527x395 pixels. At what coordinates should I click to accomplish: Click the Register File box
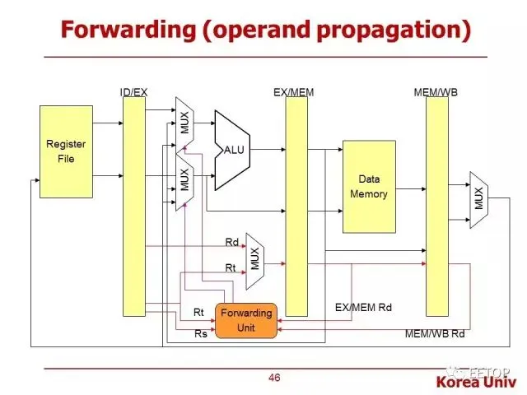[x=66, y=151]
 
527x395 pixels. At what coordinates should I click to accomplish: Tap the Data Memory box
[x=369, y=186]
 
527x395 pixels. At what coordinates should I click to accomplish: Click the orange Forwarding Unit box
[x=246, y=320]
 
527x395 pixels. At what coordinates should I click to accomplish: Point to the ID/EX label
[x=133, y=92]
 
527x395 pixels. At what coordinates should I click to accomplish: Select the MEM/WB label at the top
[x=436, y=92]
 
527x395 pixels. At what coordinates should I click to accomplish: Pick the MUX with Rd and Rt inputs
[x=254, y=257]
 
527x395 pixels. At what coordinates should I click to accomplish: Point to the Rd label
[x=231, y=242]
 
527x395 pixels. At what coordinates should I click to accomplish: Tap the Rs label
[x=199, y=333]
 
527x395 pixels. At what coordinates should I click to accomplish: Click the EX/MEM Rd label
[x=363, y=308]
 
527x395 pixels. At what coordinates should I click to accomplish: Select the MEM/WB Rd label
[x=435, y=334]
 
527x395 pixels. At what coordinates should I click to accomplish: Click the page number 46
[x=274, y=378]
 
